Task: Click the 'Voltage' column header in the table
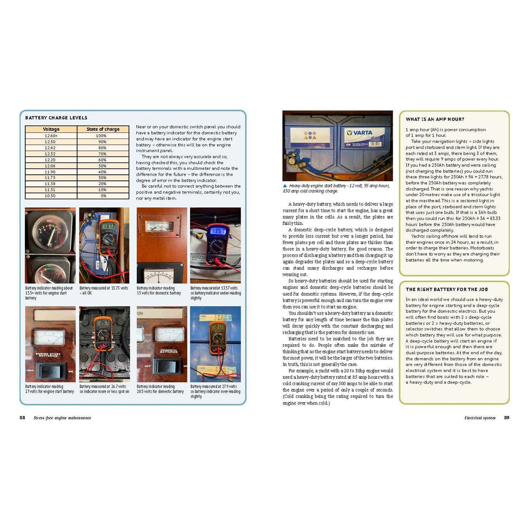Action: (x=51, y=129)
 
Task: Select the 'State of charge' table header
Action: (x=103, y=129)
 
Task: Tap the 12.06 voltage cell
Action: (x=50, y=166)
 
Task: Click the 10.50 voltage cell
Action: (x=50, y=196)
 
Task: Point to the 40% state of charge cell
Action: (x=102, y=172)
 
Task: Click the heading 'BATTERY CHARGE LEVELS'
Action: (x=56, y=118)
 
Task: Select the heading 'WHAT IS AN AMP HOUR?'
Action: (x=435, y=119)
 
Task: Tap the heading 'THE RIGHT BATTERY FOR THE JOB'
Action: (x=447, y=289)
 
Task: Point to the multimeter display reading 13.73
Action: (x=109, y=227)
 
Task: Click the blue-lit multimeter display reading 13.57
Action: (x=218, y=231)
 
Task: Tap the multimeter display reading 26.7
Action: (x=105, y=323)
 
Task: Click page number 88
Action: (x=22, y=418)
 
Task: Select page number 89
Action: (x=507, y=418)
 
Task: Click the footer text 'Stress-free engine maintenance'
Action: (x=62, y=418)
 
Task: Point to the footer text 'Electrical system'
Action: (x=480, y=418)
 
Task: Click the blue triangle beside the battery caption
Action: (x=285, y=186)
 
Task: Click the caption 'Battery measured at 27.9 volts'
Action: (x=214, y=387)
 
